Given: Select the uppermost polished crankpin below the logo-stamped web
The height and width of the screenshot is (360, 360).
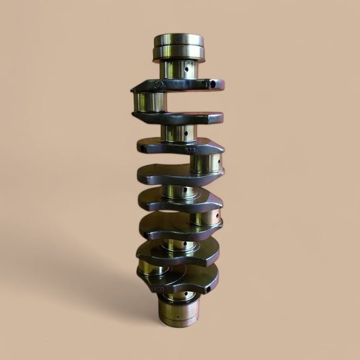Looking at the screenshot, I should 149,102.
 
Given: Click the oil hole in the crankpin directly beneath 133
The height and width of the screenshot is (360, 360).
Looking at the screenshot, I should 219,163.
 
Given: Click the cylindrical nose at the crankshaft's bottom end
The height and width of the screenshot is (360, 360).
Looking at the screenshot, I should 178,311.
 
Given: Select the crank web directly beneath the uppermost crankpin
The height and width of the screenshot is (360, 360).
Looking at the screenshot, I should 177,118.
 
